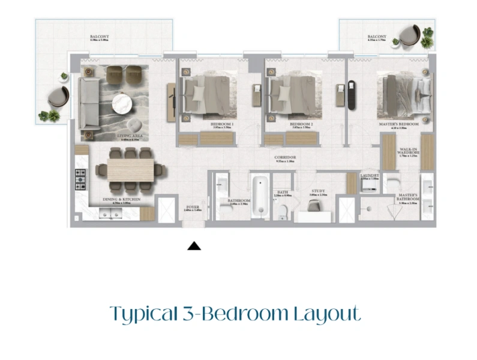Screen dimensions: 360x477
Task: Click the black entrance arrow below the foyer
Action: (194, 245)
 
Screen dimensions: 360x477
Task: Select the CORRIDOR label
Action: (286, 157)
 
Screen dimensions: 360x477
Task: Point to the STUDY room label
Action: (317, 191)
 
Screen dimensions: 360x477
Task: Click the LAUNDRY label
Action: (370, 175)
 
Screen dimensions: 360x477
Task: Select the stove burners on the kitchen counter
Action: (80, 177)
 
